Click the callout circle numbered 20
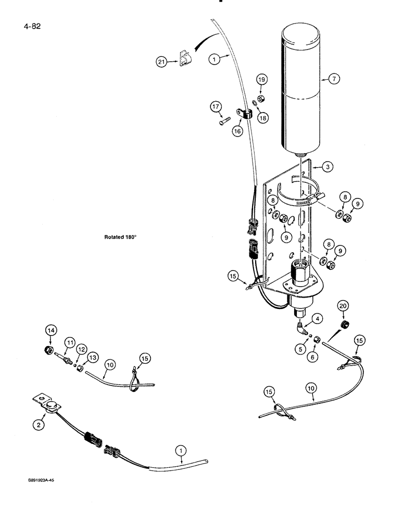[x=342, y=305]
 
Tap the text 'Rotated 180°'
[x=120, y=237]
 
